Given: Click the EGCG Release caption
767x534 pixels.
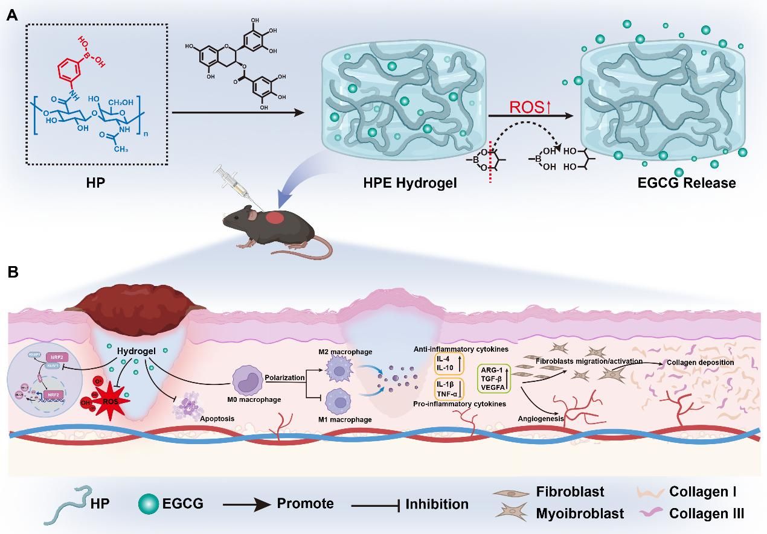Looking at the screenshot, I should (687, 182).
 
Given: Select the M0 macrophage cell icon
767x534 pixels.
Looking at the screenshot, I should (249, 380).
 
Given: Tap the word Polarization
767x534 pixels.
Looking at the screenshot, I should (284, 377).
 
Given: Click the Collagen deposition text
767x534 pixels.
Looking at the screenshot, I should (700, 363).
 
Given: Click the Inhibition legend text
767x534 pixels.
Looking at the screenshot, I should (437, 504).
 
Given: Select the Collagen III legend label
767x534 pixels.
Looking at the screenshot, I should (707, 513).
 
